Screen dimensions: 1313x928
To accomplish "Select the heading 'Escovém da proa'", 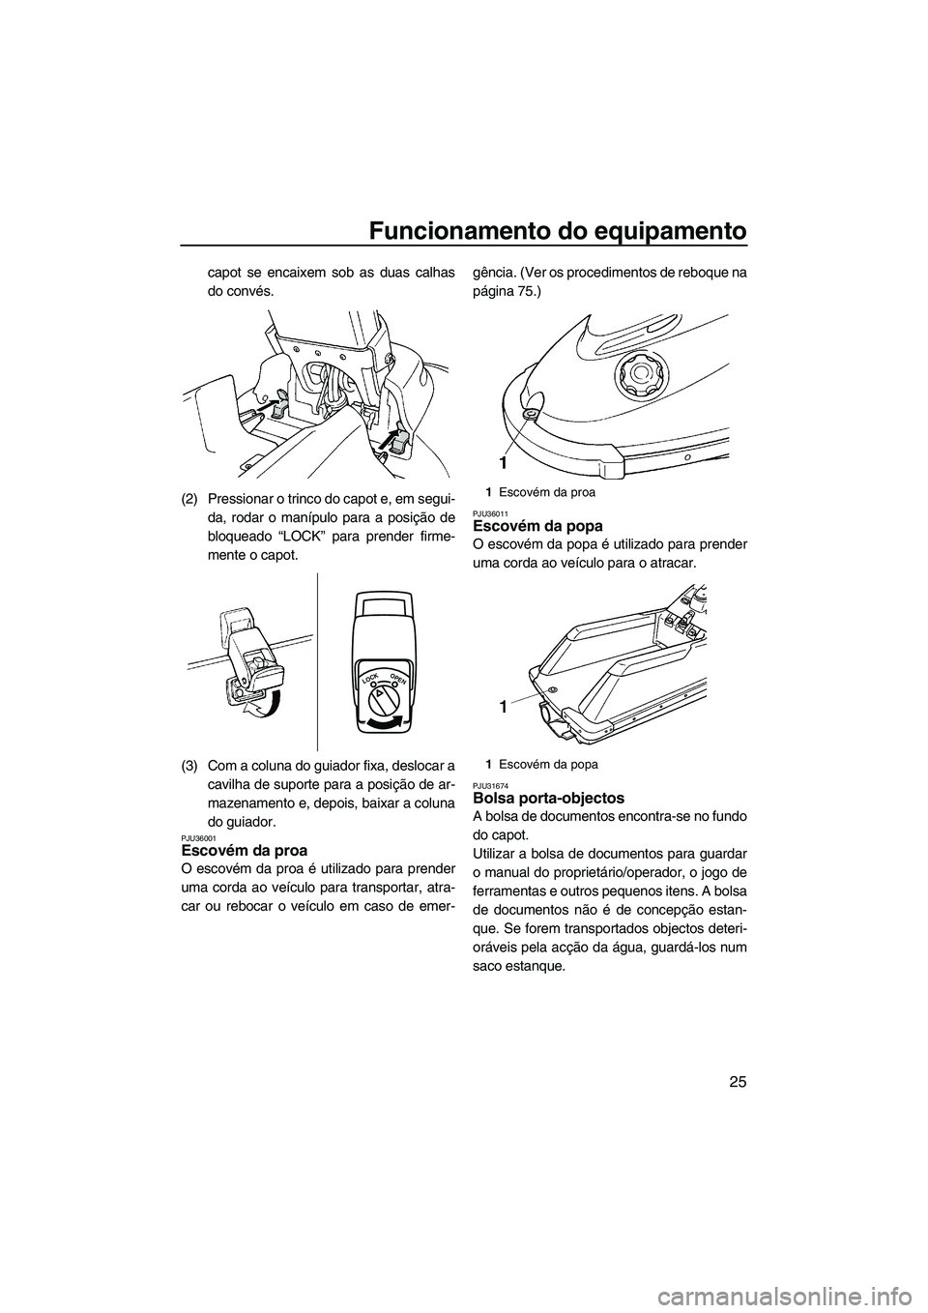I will tap(245, 851).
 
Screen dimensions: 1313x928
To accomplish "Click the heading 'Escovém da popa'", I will tap(537, 526).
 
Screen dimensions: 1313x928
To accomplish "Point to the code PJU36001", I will tap(198, 837).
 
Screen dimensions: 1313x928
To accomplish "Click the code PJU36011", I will tap(489, 513).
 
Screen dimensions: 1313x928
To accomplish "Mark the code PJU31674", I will tap(489, 785).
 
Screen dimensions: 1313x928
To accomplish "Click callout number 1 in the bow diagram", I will tap(505, 460).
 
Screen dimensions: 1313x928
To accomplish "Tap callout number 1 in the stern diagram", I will tap(503, 708).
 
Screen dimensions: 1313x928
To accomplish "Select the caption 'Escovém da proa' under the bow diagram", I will tap(554, 492).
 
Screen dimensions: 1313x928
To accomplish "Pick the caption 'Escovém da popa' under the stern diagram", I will tap(555, 764).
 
